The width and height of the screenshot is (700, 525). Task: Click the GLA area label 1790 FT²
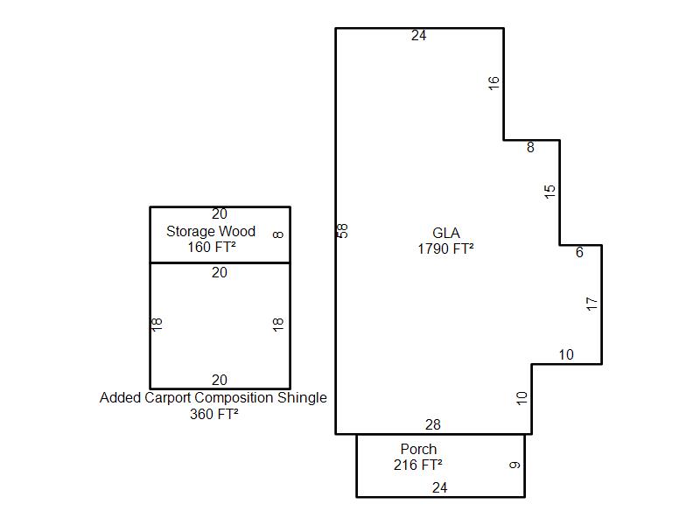445,248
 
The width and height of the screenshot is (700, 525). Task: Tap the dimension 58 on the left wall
343,231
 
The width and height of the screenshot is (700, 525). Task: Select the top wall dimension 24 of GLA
419,35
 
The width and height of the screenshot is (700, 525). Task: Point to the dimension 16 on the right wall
493,83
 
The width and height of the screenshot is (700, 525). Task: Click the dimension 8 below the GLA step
530,147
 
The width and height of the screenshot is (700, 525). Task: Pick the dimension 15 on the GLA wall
549,192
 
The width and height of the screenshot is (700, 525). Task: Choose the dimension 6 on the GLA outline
579,252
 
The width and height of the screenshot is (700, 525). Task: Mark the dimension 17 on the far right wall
591,304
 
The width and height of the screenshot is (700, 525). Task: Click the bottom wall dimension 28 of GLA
433,424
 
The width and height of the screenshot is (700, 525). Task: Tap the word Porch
418,449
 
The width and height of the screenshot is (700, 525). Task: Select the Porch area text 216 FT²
418,465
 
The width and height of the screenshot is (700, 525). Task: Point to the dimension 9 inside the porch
514,465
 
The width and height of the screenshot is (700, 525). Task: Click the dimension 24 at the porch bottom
440,487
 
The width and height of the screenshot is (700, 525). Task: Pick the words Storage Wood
211,231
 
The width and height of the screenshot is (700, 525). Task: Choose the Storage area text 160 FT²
212,247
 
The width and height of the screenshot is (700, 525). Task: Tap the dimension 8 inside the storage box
277,234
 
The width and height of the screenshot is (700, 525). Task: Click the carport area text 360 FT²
213,414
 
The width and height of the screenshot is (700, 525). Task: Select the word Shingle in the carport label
302,397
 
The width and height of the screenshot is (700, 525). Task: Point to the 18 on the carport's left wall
157,324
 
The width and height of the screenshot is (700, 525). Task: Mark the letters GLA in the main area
446,233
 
